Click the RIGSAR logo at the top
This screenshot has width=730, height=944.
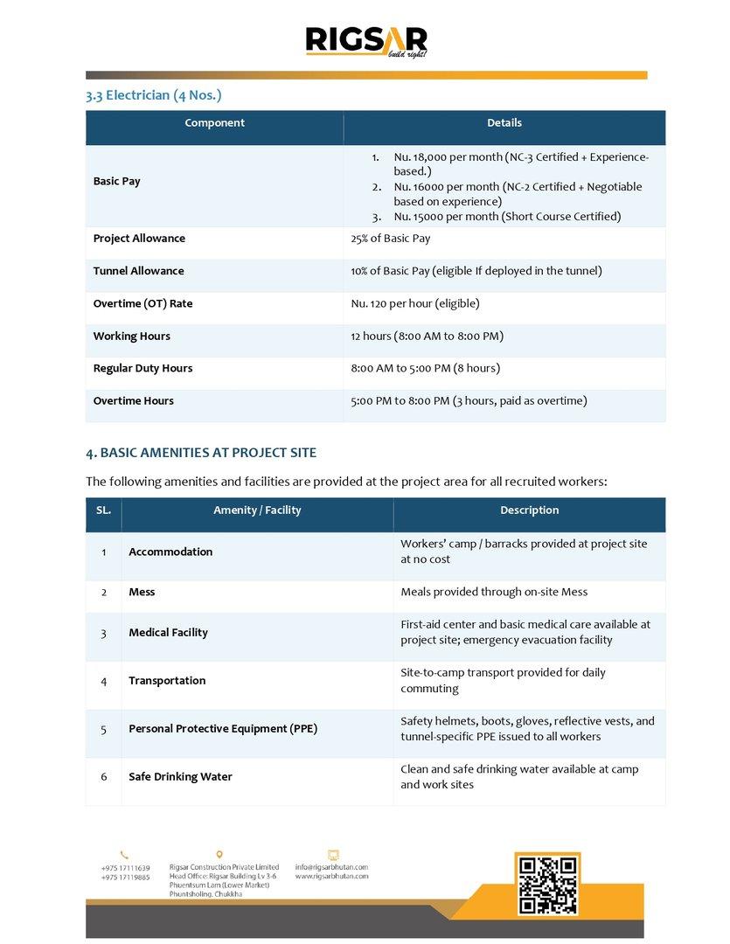click(x=365, y=42)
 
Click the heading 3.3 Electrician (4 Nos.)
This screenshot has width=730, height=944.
click(x=147, y=94)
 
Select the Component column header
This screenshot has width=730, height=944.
click(x=214, y=123)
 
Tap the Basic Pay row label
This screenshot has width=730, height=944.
click(x=116, y=182)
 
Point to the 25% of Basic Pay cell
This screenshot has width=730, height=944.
click(x=390, y=239)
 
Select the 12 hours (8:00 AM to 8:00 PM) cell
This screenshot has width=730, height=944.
click(x=427, y=337)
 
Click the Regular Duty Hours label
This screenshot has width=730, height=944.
click(x=143, y=369)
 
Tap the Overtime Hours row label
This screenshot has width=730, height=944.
click(x=133, y=401)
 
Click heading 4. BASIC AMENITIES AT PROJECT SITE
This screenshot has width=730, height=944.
click(x=201, y=453)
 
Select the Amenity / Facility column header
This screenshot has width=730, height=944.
click(x=257, y=510)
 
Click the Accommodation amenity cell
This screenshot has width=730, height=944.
click(x=170, y=552)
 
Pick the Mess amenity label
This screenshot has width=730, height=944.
click(x=142, y=593)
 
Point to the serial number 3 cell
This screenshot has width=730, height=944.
click(x=103, y=633)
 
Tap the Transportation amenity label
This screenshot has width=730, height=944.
click(x=167, y=681)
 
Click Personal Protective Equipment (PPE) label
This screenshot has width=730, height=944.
click(x=223, y=729)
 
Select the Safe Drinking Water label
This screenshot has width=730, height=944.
click(x=180, y=777)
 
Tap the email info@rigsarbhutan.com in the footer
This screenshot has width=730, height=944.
click(x=331, y=867)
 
